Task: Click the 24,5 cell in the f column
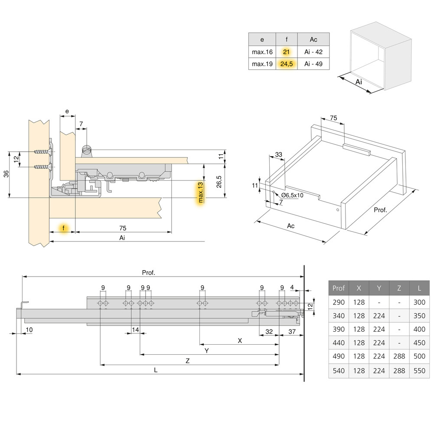click(x=286, y=64)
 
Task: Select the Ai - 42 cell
click(x=313, y=52)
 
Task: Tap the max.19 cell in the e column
click(x=262, y=64)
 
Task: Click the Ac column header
click(x=313, y=39)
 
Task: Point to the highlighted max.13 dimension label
click(x=200, y=193)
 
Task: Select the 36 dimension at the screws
click(x=6, y=174)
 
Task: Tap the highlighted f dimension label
click(x=64, y=228)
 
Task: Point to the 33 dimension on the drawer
click(x=278, y=154)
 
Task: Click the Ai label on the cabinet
click(x=359, y=82)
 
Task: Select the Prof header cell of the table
click(x=339, y=288)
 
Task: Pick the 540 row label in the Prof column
click(x=339, y=371)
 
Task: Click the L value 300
click(x=419, y=302)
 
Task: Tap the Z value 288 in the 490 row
click(x=399, y=356)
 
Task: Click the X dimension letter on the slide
click(x=240, y=341)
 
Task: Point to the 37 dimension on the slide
click(x=291, y=332)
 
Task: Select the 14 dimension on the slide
click(x=136, y=330)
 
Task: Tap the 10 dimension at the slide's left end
click(x=29, y=330)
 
